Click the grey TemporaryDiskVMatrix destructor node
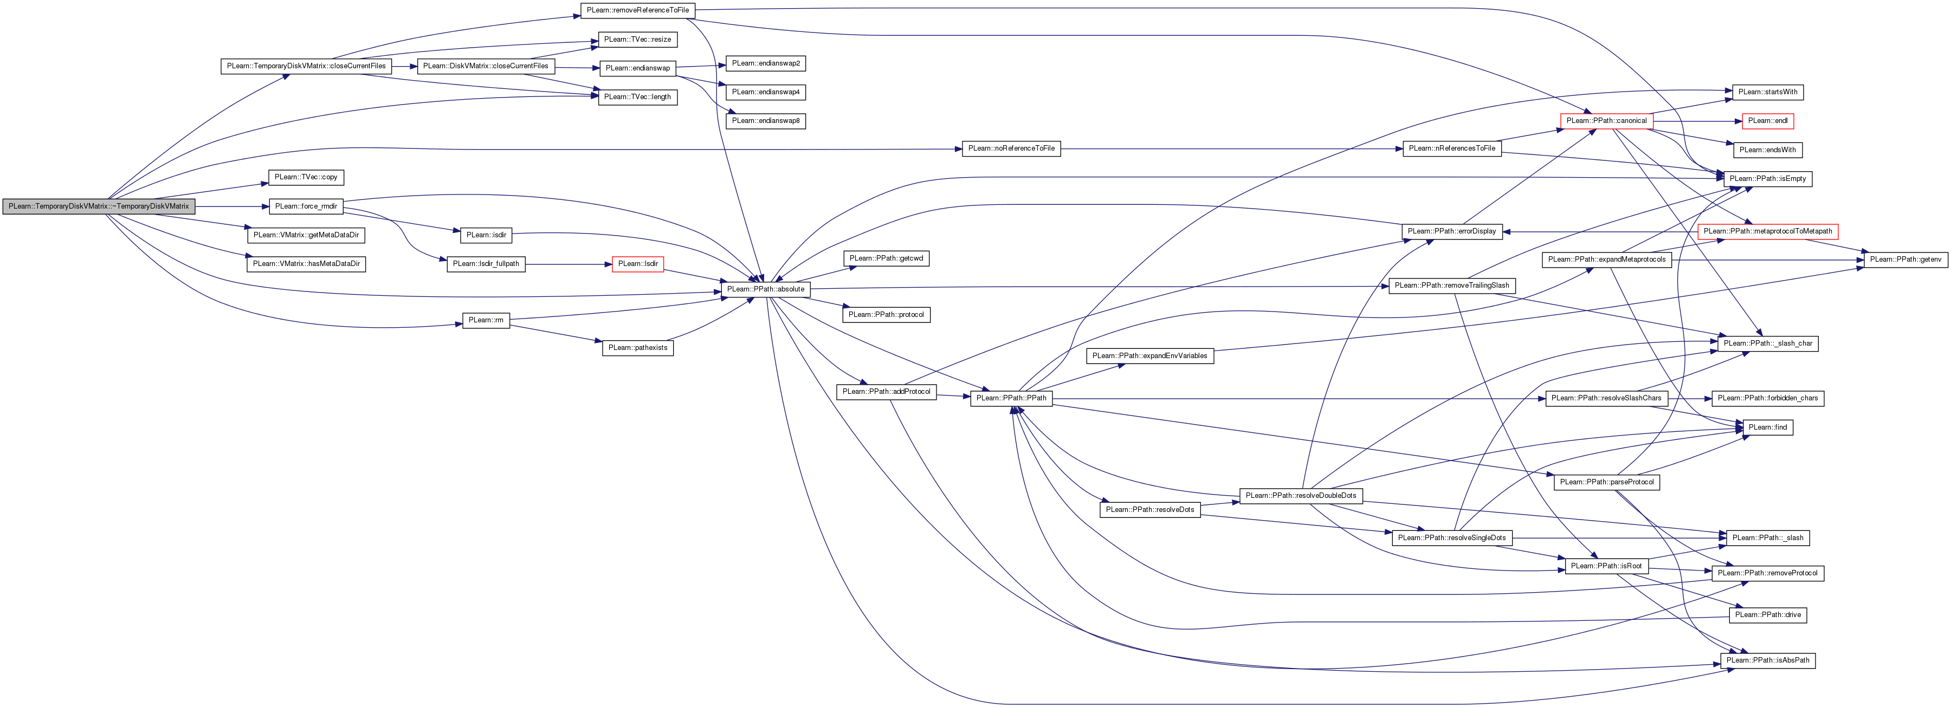tap(99, 206)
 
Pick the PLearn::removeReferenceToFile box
tap(638, 10)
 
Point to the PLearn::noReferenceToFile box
tap(1011, 148)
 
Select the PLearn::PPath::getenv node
tap(1905, 260)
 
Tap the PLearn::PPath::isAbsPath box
tap(1768, 660)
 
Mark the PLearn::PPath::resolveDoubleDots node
tap(1301, 496)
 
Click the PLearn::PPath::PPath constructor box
tap(1011, 398)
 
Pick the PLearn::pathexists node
tap(638, 347)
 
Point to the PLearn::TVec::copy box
tap(306, 177)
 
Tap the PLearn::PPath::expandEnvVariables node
tap(1149, 356)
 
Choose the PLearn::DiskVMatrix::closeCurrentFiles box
tap(486, 66)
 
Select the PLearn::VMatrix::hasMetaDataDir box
tap(306, 263)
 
